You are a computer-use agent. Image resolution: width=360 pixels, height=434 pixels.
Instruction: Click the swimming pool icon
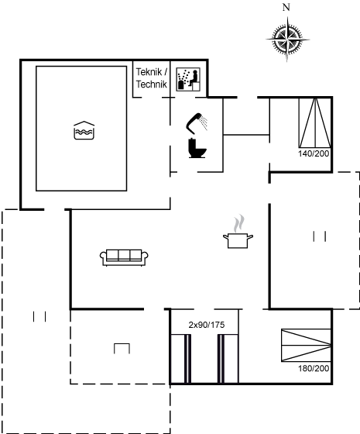84,130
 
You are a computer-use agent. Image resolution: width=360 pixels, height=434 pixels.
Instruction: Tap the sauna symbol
188,79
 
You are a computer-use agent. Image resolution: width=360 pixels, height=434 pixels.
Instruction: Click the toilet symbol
197,148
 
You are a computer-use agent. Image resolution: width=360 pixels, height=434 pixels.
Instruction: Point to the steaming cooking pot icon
238,232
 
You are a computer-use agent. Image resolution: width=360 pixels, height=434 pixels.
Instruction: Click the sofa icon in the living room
124,257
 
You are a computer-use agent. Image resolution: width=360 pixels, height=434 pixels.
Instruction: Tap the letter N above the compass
286,8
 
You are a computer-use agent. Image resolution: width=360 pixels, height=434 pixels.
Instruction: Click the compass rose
287,40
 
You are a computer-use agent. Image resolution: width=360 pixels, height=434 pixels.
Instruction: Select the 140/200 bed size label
314,153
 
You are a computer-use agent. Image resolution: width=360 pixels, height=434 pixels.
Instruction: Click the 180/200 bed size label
314,368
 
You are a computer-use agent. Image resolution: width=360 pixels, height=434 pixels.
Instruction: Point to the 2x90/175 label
207,325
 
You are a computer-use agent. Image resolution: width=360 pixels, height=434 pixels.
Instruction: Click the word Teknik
149,72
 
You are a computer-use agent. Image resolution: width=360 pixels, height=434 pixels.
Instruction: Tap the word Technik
152,84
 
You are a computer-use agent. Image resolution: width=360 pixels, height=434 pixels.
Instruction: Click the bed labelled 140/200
315,122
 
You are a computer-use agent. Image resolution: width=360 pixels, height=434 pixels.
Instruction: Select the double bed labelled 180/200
306,345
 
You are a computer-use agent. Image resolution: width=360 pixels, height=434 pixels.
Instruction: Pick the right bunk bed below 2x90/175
228,359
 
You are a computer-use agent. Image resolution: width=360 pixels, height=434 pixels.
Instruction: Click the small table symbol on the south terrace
122,349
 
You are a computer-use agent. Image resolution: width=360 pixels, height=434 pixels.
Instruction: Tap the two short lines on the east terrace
319,236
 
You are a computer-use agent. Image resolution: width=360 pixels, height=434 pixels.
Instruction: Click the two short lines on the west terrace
39,317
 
